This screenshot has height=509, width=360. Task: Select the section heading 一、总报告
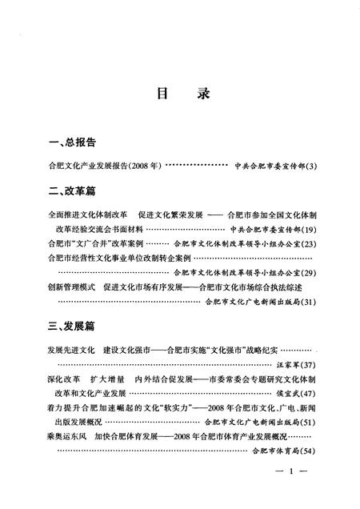72,142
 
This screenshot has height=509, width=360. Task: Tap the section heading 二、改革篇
72,192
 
